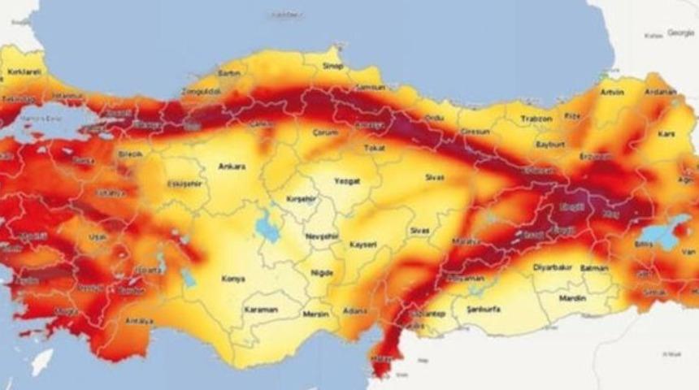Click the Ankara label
[232, 167]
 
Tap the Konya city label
[233, 279]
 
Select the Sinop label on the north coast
[333, 66]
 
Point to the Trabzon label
[536, 119]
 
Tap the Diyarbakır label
[552, 266]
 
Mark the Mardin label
[569, 298]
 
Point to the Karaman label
[261, 310]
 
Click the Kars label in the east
[666, 132]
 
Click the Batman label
[597, 266]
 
